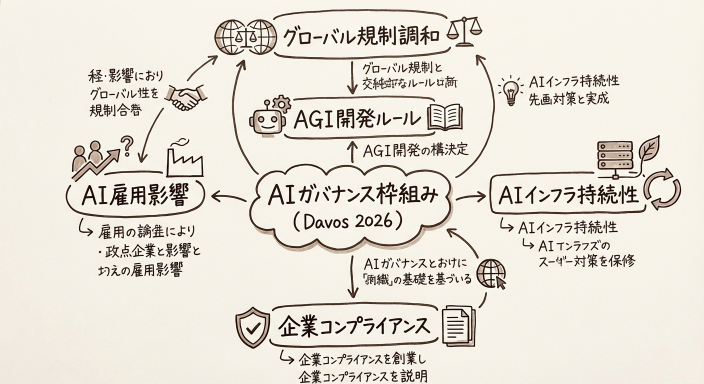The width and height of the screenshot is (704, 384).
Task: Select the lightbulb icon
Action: coord(510,90)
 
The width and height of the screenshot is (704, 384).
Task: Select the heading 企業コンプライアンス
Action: coord(353,326)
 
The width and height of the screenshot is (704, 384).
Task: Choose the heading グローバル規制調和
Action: coord(361,36)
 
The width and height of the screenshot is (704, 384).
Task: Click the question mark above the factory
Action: coord(126,145)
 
